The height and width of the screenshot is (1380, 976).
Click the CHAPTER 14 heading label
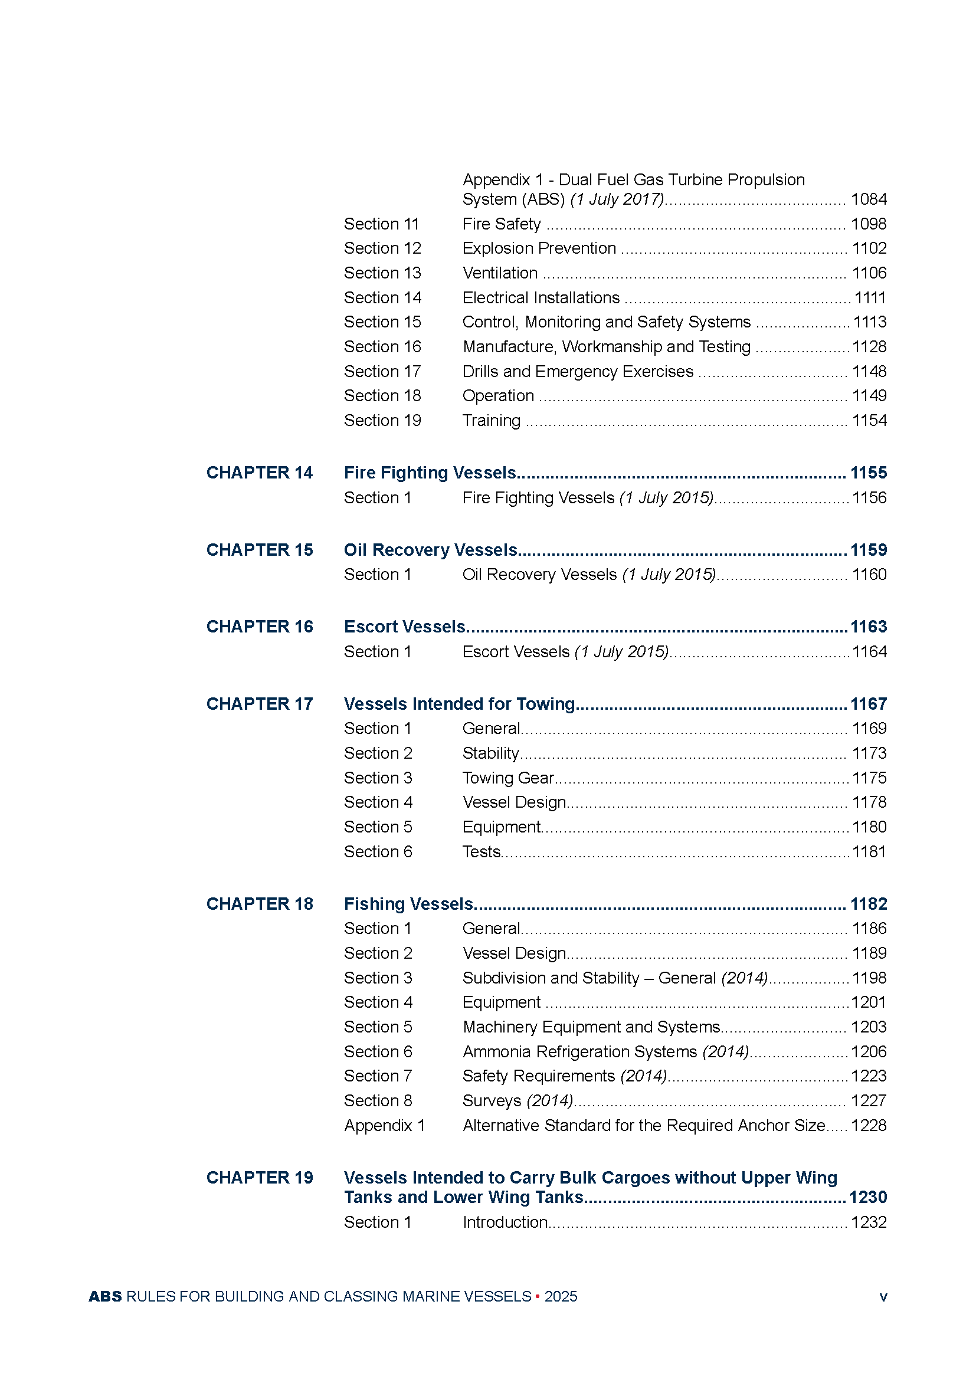(x=259, y=473)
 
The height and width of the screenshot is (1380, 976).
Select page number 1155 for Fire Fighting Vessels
(x=868, y=473)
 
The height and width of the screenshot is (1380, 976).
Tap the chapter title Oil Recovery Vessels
(x=430, y=550)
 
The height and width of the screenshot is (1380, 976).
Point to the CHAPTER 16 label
(x=259, y=627)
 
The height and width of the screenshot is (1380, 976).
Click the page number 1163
(x=868, y=627)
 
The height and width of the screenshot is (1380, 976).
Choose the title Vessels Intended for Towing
(x=459, y=704)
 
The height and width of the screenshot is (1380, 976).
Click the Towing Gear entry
(x=508, y=778)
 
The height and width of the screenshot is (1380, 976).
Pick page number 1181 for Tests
(x=869, y=852)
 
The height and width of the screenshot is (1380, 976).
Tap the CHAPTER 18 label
(x=259, y=904)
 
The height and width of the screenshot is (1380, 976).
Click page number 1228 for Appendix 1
(x=869, y=1125)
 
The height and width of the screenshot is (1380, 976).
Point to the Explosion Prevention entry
(x=539, y=248)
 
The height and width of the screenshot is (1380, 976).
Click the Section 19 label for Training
(x=382, y=421)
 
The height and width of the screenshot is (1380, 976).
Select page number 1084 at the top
(x=869, y=199)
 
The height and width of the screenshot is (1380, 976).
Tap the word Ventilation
(x=500, y=273)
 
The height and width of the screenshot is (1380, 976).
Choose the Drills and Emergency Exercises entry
(x=578, y=372)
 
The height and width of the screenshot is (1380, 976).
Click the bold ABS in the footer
(x=105, y=1296)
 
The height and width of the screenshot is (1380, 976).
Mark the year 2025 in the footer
(x=561, y=1296)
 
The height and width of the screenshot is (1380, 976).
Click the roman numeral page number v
(x=883, y=1297)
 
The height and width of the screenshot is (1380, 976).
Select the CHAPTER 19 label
(x=259, y=1178)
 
